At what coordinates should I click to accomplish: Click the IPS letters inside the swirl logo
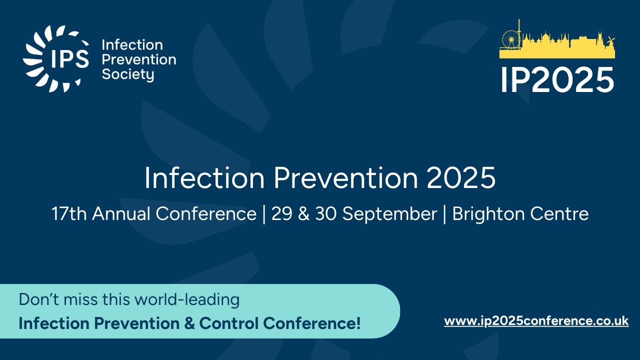click(70, 58)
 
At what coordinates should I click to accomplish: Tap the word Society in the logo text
click(128, 74)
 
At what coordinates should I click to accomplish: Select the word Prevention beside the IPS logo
click(139, 59)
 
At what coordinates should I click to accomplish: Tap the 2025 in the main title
click(461, 177)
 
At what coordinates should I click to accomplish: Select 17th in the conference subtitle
click(69, 213)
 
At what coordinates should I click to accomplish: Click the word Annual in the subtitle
click(121, 213)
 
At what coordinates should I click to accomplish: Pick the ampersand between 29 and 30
click(303, 214)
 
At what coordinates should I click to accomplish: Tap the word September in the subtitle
click(389, 214)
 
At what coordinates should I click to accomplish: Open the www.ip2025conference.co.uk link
click(536, 321)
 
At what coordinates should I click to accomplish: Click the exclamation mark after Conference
click(358, 323)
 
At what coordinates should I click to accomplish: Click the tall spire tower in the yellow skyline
click(519, 33)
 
